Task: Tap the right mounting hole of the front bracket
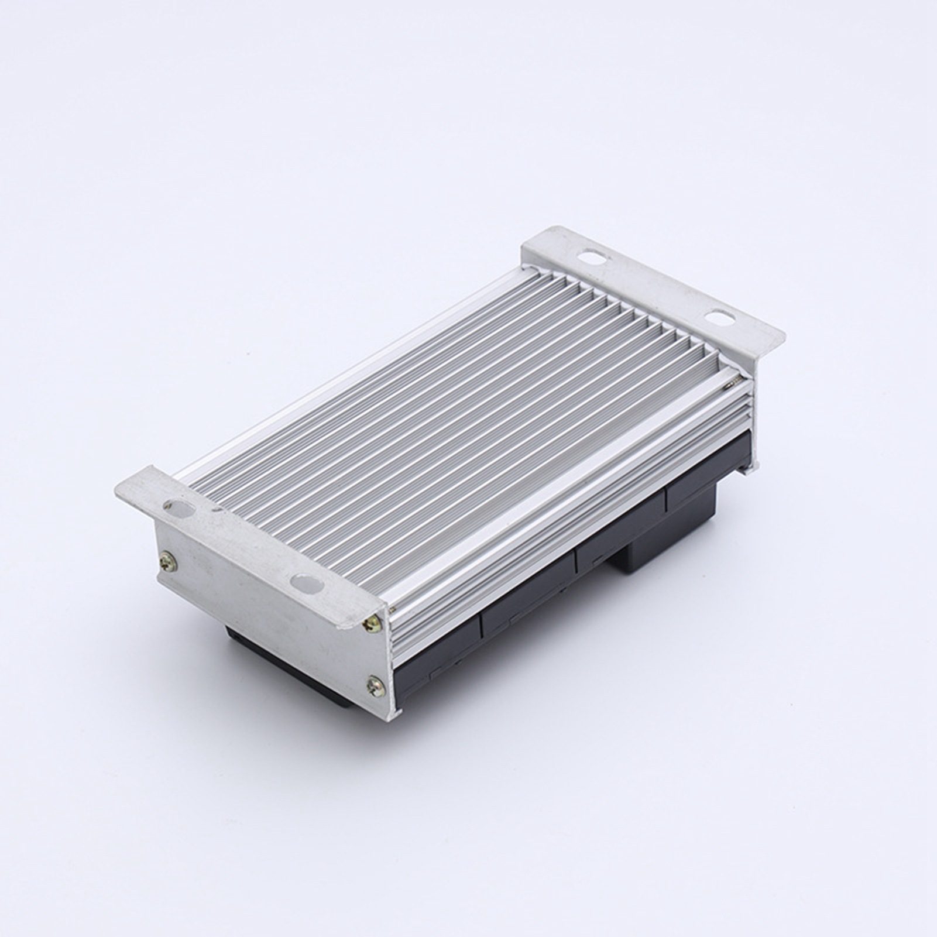[306, 582]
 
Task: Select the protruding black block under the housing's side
[638, 556]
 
